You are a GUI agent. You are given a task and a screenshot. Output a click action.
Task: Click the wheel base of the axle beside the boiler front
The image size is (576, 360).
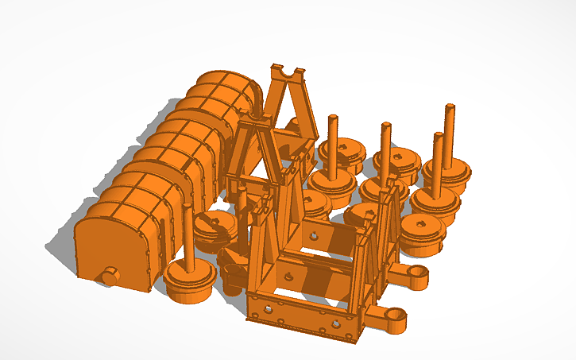190,283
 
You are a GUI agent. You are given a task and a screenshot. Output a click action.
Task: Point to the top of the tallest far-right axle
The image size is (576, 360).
450,107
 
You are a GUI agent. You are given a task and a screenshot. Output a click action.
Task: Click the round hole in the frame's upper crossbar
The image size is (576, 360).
315,236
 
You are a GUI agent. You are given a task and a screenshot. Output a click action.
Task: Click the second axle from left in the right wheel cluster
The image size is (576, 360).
386,127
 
